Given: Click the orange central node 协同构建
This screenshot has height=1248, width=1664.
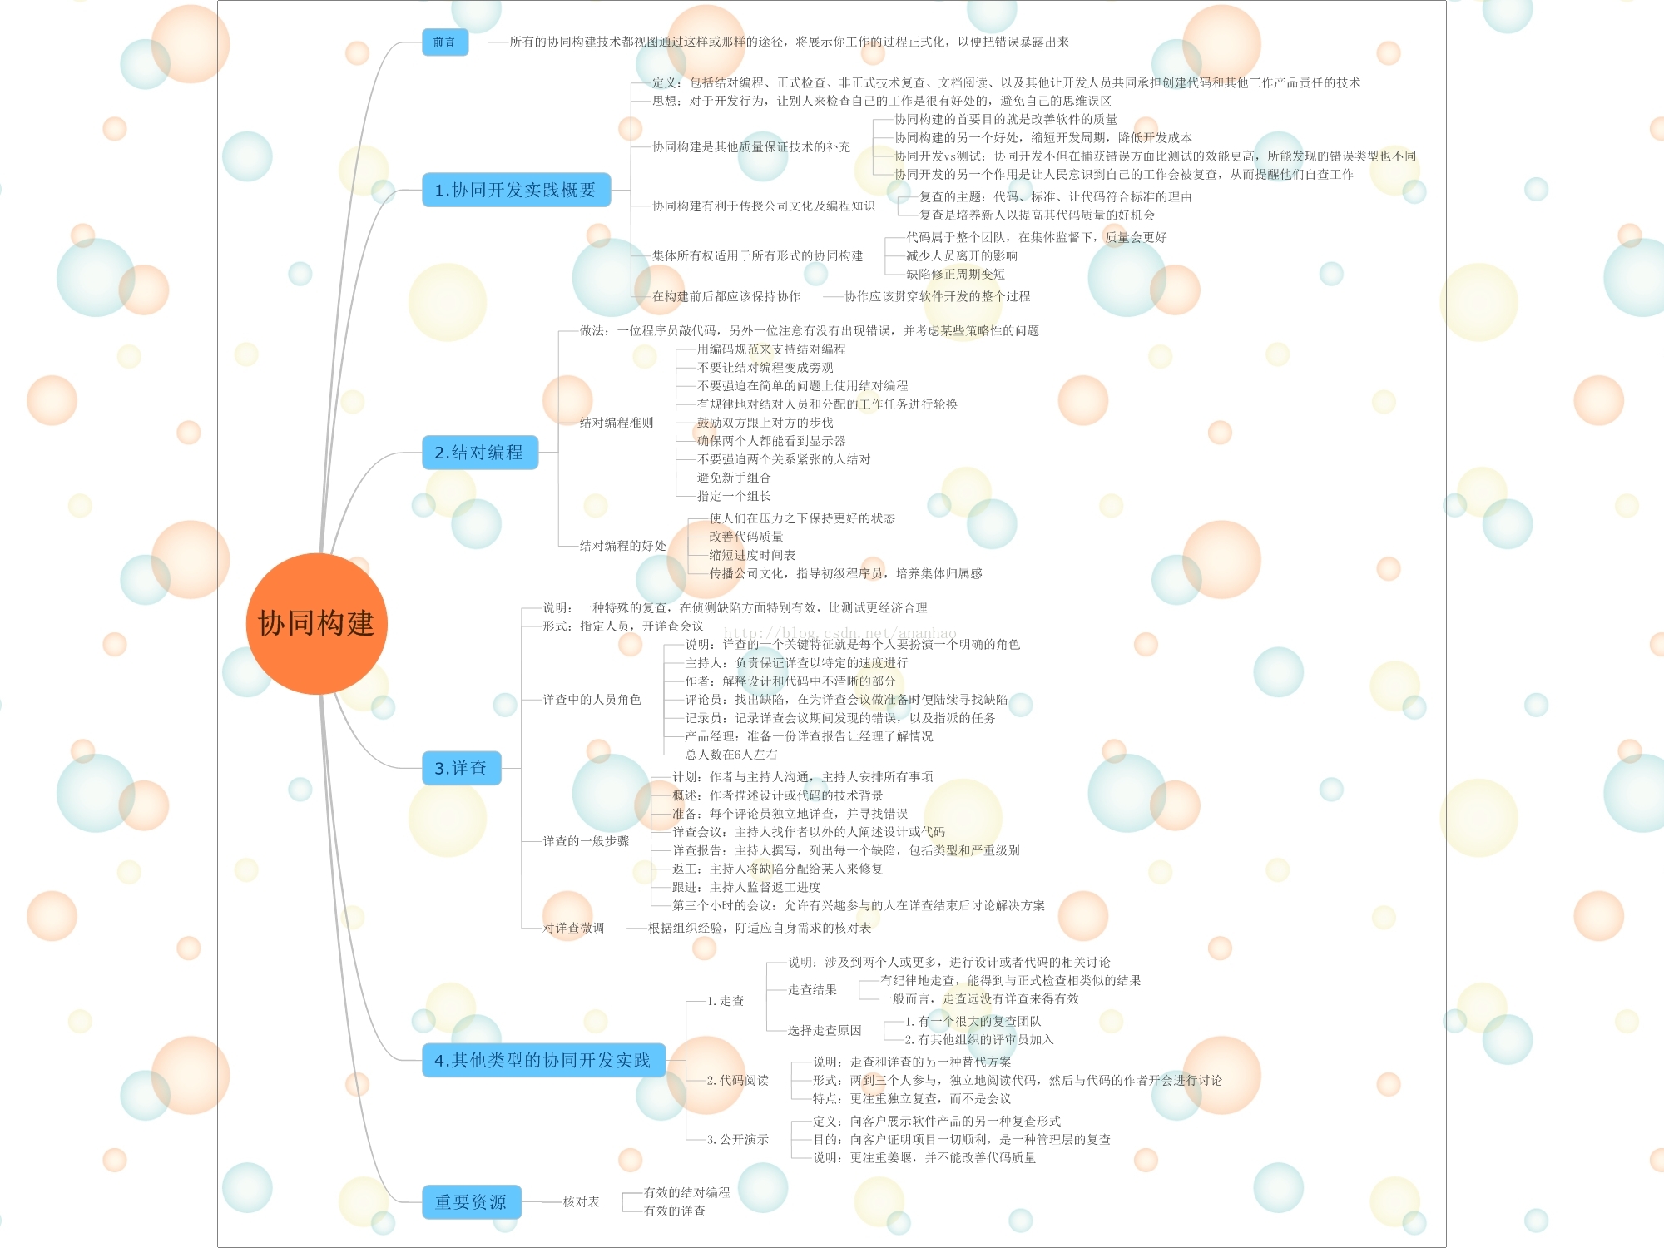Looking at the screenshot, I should point(316,623).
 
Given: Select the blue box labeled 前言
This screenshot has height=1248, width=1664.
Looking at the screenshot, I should point(444,42).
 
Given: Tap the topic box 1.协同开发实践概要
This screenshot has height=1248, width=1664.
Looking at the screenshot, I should point(516,190).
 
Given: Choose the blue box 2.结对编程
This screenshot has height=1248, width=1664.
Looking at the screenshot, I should point(479,453).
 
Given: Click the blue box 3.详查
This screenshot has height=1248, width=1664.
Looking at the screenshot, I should point(461,768).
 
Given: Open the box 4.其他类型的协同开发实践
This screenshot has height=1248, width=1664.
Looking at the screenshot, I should point(542,1060).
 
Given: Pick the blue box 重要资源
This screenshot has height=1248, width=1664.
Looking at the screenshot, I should point(471,1201).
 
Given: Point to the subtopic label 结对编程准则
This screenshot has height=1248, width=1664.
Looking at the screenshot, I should point(617,423).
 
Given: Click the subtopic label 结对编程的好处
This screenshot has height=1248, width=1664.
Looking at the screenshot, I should point(622,546).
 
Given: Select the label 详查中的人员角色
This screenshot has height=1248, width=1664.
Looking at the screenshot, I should point(592,700).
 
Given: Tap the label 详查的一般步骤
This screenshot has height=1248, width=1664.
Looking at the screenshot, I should point(586,841).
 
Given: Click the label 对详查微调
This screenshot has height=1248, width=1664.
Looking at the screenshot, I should point(573,928).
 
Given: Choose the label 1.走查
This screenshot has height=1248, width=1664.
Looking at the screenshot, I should point(726,1001).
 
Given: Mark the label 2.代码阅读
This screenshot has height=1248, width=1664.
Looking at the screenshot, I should point(738,1080).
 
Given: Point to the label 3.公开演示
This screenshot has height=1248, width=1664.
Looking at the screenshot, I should point(738,1139).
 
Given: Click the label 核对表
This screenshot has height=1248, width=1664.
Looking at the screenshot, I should point(582,1201).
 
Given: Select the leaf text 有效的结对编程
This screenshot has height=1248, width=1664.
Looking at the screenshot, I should point(687,1192).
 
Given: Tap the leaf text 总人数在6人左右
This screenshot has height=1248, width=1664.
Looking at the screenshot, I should point(731,755).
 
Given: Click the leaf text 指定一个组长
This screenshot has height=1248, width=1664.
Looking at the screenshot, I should point(734,496).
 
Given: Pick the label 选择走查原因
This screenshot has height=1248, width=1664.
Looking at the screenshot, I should point(825,1030).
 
